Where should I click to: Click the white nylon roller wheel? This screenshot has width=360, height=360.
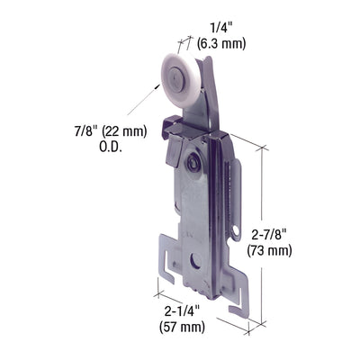[x=178, y=74]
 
